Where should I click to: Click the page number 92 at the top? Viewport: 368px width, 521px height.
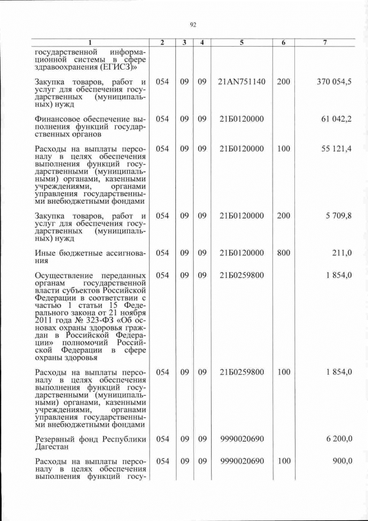pos(193,25)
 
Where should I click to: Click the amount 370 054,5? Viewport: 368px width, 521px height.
pos(334,82)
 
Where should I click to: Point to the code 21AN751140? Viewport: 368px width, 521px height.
pos(241,82)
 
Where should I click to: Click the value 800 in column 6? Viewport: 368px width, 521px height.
pos(283,253)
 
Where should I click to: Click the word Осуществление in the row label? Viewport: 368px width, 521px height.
pos(65,275)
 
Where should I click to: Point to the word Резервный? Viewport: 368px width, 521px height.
pos(56,439)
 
